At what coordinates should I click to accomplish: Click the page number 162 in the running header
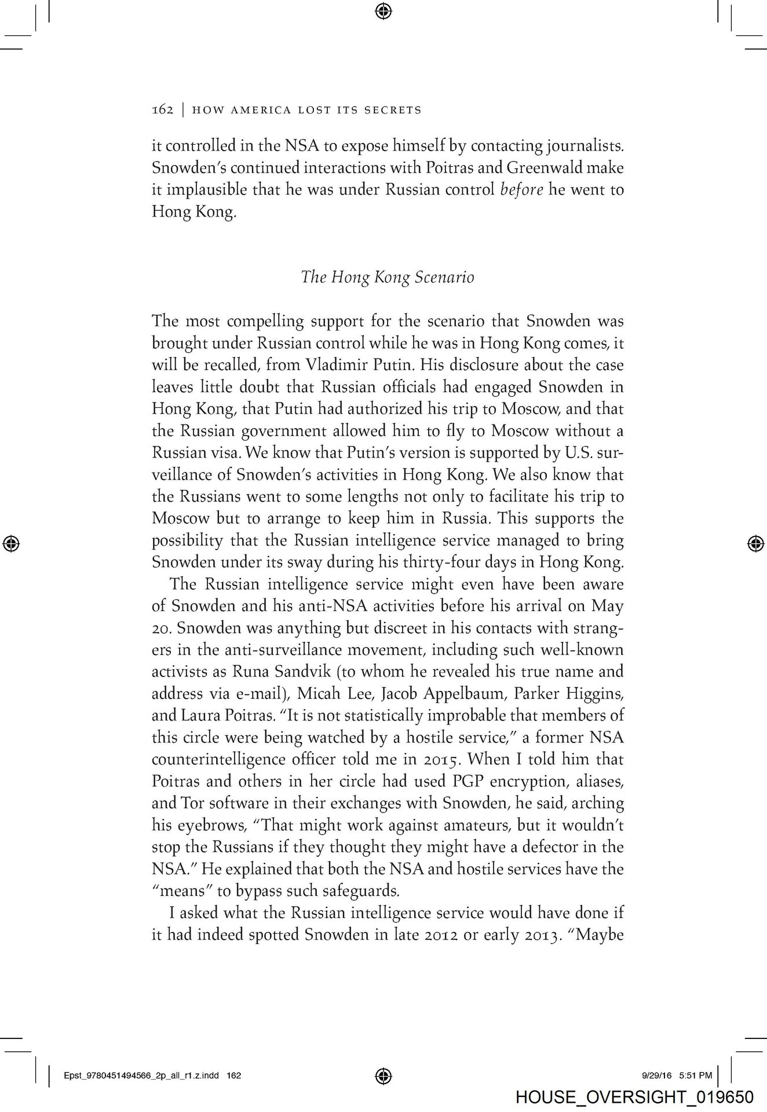[x=162, y=109]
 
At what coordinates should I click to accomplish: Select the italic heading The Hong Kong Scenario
[x=388, y=277]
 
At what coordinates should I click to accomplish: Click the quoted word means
[x=182, y=890]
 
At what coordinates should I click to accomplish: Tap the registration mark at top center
[x=383, y=10]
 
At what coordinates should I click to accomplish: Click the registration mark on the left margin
[x=12, y=543]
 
